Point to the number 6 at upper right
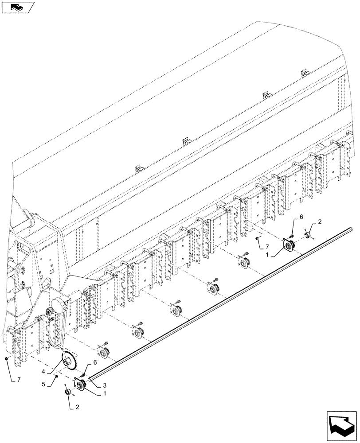coord(301,217)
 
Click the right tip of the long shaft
coord(353,229)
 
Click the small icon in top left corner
coord(17,7)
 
